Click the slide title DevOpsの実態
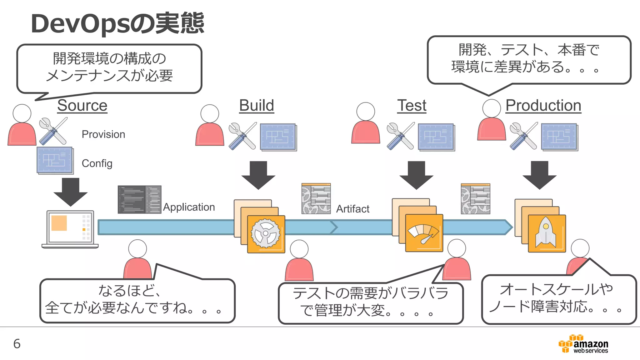pyautogui.click(x=117, y=23)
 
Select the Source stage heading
pyautogui.click(x=82, y=105)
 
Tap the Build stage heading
pyautogui.click(x=256, y=105)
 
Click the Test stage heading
pyautogui.click(x=412, y=105)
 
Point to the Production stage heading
pyautogui.click(x=543, y=105)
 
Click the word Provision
pyautogui.click(x=103, y=134)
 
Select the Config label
pyautogui.click(x=97, y=163)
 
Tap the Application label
pyautogui.click(x=189, y=207)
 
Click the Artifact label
pyautogui.click(x=352, y=209)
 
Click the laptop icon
pyautogui.click(x=70, y=229)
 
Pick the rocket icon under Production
pyautogui.click(x=547, y=233)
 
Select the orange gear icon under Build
pyautogui.click(x=266, y=234)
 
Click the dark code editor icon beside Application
pyautogui.click(x=139, y=199)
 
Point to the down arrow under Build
pyautogui.click(x=258, y=175)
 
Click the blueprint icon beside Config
pyautogui.click(x=55, y=160)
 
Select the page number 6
pyautogui.click(x=17, y=344)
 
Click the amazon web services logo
pyautogui.click(x=583, y=344)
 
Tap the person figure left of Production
pyautogui.click(x=491, y=120)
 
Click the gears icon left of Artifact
pyautogui.click(x=316, y=199)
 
